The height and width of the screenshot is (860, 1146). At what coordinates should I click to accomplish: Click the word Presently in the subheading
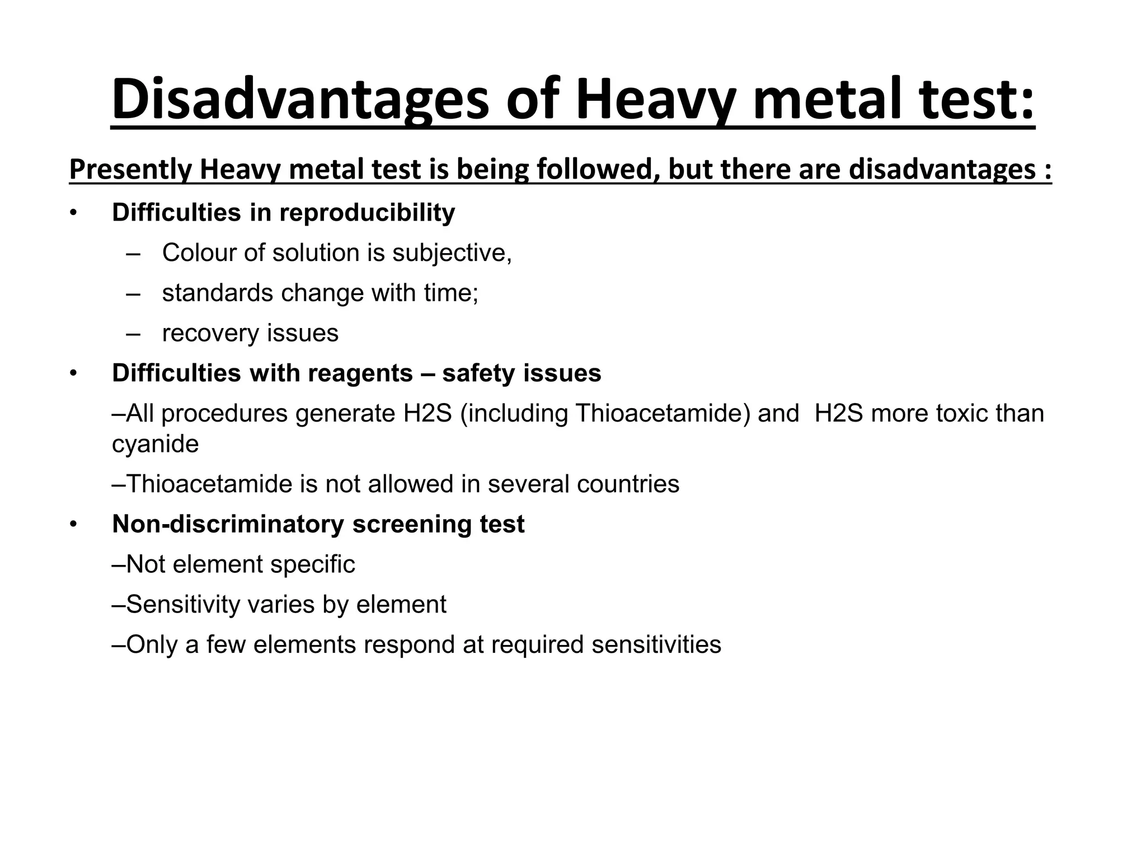(130, 170)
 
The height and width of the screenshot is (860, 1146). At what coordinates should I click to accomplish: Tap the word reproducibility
(367, 213)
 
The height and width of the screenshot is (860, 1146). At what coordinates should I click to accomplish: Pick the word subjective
(451, 253)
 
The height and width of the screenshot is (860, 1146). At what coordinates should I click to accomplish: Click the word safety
(478, 373)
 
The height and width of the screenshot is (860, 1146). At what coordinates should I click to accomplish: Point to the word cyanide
(155, 444)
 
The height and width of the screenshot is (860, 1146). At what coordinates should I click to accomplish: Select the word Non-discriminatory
(228, 525)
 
